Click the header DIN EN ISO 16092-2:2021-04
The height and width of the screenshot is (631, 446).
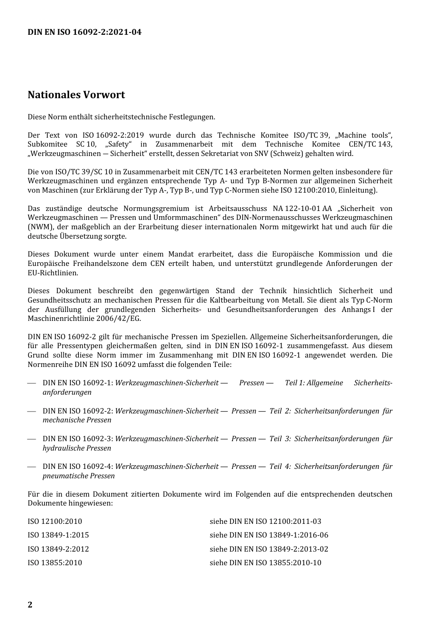coord(84,32)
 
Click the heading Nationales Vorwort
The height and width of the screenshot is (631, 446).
coord(76,94)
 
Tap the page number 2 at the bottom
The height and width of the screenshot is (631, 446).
coord(30,604)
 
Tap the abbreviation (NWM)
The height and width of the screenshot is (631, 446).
coord(38,227)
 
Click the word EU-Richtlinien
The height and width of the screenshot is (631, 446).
coord(53,273)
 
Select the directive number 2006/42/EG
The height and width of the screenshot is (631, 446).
coord(119,319)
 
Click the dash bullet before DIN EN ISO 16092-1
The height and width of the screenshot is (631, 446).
coord(31,383)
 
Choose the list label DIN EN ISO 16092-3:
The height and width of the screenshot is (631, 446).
coord(77,439)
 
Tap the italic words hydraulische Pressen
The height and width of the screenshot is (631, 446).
coord(77,448)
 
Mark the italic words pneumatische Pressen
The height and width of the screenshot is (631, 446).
coord(78,476)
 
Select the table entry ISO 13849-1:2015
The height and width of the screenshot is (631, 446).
coord(58,535)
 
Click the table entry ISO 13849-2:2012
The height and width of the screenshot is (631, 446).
coord(58,549)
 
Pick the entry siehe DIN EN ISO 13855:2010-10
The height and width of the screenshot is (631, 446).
coord(265,563)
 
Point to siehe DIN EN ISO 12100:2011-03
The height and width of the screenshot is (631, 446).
coord(265,522)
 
